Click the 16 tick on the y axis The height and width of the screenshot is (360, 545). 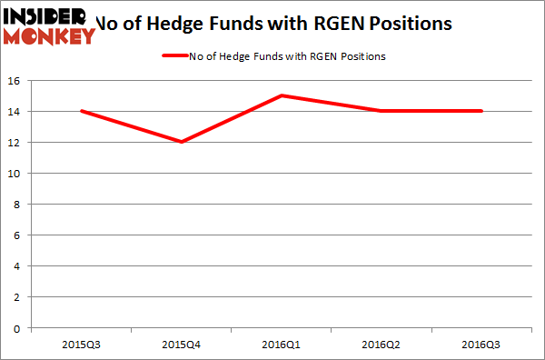pos(15,81)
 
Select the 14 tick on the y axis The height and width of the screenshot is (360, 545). pos(15,112)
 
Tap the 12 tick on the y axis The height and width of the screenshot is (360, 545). pos(15,143)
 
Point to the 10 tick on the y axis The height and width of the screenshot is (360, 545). pos(15,174)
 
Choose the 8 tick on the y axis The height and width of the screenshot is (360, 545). pos(19,205)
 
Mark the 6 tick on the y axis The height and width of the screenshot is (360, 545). pos(19,235)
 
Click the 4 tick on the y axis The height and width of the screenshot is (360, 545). pos(19,266)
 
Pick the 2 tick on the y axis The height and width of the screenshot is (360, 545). pos(19,297)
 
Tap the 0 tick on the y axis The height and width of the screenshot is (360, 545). pos(19,328)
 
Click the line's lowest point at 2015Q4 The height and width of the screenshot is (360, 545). pos(181,142)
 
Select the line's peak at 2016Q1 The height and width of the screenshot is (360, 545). pos(281,95)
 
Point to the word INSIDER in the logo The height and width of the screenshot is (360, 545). pos(45,15)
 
